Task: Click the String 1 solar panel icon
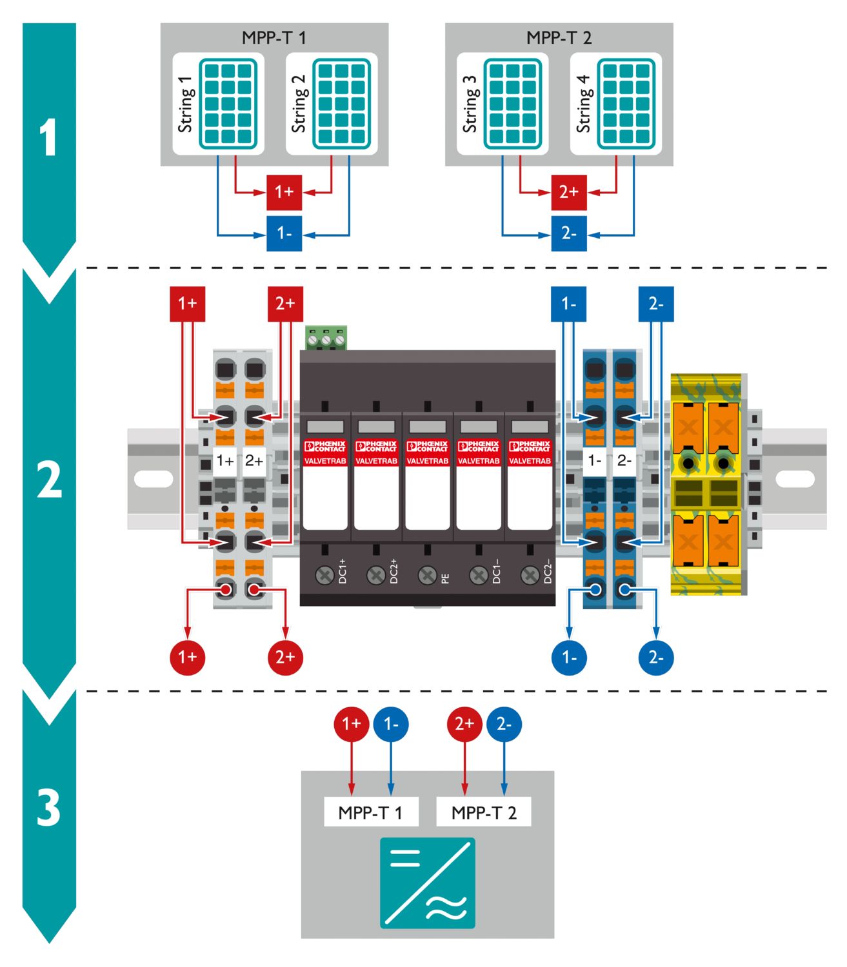[x=228, y=103]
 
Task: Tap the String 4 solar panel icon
[x=626, y=103]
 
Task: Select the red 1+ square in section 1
[x=284, y=191]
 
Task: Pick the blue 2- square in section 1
[x=568, y=233]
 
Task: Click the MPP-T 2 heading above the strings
[x=559, y=37]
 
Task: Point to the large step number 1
[x=49, y=138]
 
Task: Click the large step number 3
[x=49, y=808]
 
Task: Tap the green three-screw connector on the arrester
[x=326, y=338]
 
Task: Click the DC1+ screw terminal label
[x=343, y=572]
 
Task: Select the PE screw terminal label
[x=445, y=578]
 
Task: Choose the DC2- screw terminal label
[x=548, y=572]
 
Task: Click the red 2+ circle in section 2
[x=285, y=657]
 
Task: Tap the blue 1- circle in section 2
[x=569, y=658]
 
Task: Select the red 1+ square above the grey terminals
[x=187, y=304]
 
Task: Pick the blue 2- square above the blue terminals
[x=655, y=304]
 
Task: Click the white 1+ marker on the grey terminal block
[x=225, y=461]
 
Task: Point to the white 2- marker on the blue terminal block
[x=624, y=461]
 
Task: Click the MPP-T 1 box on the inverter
[x=371, y=812]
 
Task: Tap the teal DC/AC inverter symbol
[x=427, y=883]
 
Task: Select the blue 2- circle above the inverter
[x=504, y=724]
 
